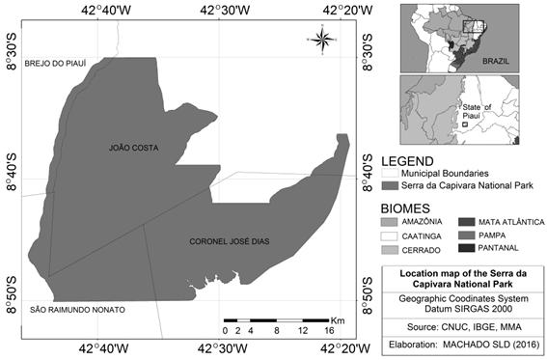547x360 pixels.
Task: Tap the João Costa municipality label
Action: pyautogui.click(x=133, y=149)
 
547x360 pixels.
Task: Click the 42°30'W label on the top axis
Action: pyautogui.click(x=224, y=11)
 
